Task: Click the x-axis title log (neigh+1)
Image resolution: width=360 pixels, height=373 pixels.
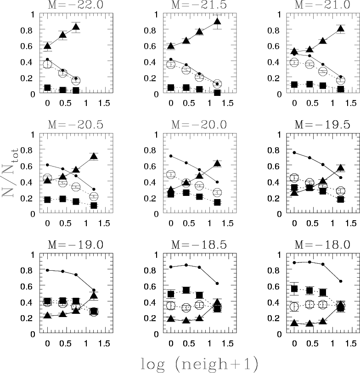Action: pyautogui.click(x=198, y=364)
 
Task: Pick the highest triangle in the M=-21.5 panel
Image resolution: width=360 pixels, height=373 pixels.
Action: pyautogui.click(x=218, y=21)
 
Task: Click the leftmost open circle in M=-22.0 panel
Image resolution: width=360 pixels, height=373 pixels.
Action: pyautogui.click(x=48, y=64)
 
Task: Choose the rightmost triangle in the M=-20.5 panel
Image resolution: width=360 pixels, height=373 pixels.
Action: pyautogui.click(x=94, y=156)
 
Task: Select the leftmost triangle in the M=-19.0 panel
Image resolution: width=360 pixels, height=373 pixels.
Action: pyautogui.click(x=48, y=315)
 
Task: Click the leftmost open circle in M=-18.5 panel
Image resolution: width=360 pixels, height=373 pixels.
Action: pyautogui.click(x=171, y=306)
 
